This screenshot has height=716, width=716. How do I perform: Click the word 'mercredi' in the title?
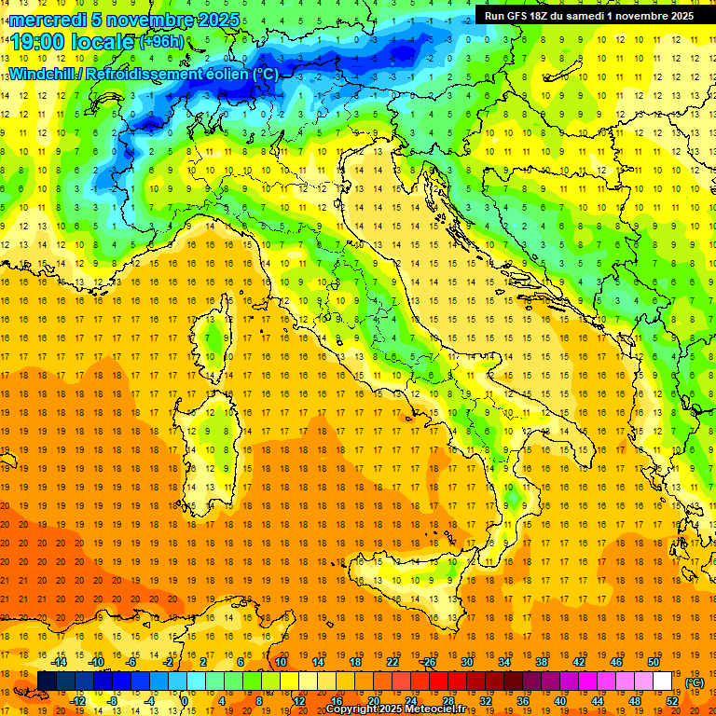(x=48, y=20)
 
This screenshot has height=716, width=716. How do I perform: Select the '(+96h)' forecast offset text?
(x=161, y=42)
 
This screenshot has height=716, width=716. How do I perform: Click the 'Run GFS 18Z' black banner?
(x=588, y=15)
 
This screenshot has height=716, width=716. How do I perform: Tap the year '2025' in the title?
(x=215, y=20)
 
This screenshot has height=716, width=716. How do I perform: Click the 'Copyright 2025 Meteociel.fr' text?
(x=402, y=709)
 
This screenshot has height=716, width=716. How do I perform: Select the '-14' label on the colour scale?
(x=59, y=662)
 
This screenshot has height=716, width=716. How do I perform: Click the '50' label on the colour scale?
(x=654, y=662)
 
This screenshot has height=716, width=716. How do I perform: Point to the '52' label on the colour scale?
(x=671, y=701)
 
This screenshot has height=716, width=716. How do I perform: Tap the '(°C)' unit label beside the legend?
(x=695, y=682)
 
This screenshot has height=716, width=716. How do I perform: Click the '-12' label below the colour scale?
(x=77, y=701)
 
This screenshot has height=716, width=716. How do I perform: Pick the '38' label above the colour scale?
(x=541, y=662)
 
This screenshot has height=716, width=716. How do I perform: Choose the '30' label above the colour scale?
(x=466, y=662)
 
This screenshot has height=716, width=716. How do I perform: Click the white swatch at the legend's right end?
(x=662, y=682)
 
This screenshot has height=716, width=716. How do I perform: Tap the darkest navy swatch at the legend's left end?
(x=47, y=682)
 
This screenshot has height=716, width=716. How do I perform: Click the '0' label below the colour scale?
(x=186, y=701)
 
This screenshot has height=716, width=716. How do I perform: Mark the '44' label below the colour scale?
(x=597, y=701)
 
